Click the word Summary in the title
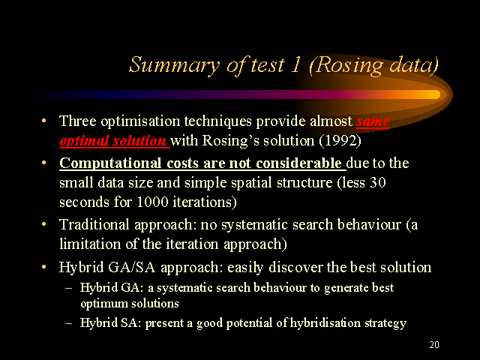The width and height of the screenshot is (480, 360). (174, 65)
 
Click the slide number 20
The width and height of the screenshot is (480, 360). (434, 345)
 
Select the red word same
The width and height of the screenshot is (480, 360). (373, 121)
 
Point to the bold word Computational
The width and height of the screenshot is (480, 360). (110, 163)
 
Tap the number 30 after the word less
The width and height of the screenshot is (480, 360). (378, 182)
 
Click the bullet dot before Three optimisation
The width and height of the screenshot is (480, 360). (44, 121)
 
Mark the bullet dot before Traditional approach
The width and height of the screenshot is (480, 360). (44, 224)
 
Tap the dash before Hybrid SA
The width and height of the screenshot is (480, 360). (68, 322)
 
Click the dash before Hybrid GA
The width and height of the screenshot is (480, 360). (68, 288)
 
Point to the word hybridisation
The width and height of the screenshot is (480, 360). (325, 323)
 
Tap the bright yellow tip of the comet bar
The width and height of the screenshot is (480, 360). (436, 94)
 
